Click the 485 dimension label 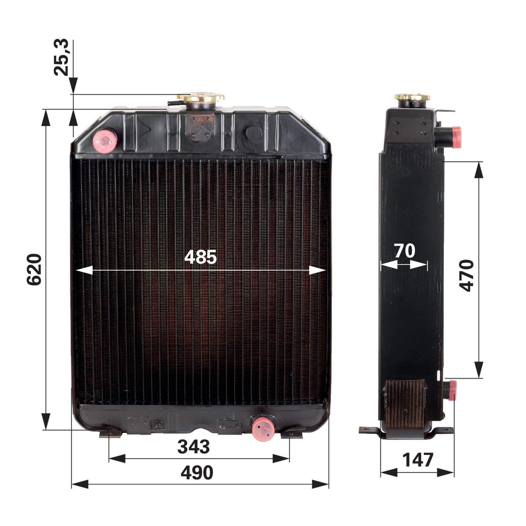tap(200, 257)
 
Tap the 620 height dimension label tap(34, 269)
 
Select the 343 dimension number tap(193, 447)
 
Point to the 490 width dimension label tap(197, 473)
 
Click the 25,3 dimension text tap(61, 57)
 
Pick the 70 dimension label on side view tap(405, 251)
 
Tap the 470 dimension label tap(466, 275)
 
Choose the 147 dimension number tap(418, 460)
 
